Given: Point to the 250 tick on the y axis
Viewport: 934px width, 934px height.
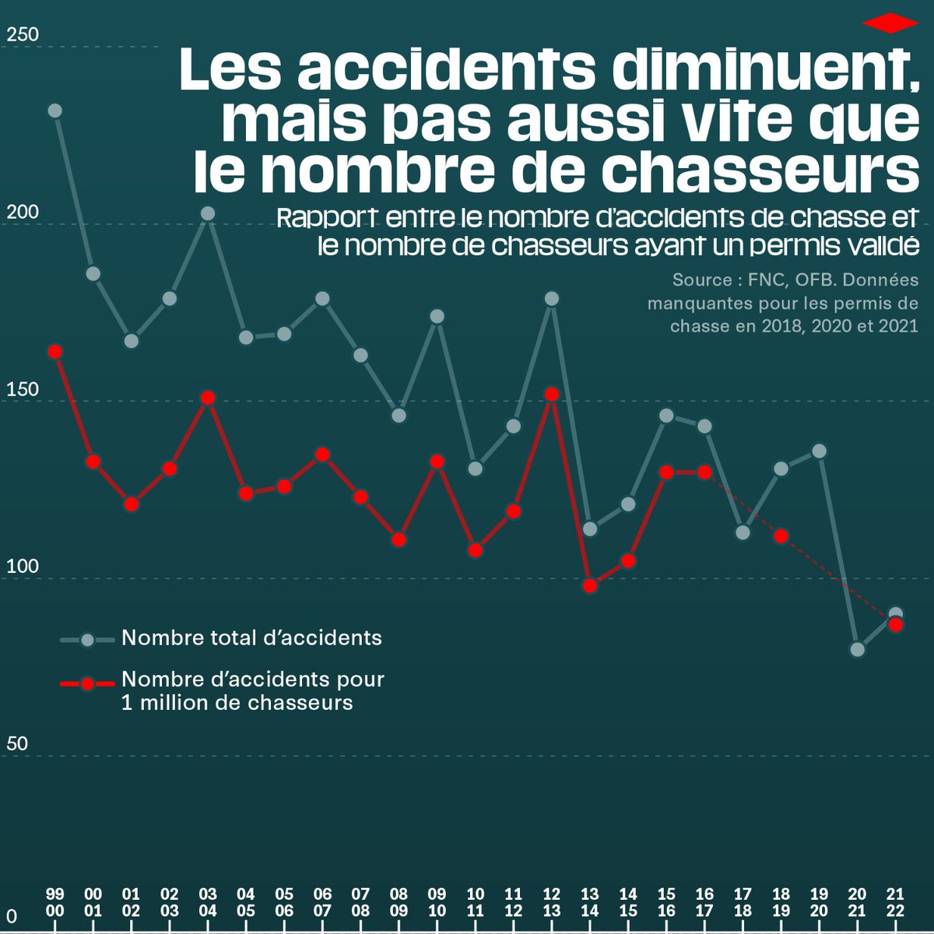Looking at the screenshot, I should (22, 36).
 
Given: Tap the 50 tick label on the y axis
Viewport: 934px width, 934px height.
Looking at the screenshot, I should (17, 744).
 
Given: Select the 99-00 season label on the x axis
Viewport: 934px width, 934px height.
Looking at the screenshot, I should (54, 902).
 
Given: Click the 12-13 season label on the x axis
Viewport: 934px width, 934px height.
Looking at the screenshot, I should (552, 902).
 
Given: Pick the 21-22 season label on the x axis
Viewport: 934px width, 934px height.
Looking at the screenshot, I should (896, 902).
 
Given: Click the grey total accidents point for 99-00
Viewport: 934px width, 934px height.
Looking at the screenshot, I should (54, 111).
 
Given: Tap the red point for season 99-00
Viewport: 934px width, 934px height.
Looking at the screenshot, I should (54, 352).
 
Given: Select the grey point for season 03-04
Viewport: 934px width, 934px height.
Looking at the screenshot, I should (208, 213).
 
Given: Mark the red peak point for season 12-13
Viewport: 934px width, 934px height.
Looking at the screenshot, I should (552, 395).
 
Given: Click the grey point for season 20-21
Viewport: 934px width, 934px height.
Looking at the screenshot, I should (858, 649).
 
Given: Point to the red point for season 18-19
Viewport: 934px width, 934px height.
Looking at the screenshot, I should (781, 535).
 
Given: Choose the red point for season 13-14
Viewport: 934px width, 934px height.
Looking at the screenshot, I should (590, 585).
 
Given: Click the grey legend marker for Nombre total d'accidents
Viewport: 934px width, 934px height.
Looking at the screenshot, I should (87, 640).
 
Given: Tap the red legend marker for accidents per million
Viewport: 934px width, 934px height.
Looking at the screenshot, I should (87, 683).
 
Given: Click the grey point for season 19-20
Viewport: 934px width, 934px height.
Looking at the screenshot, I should (820, 451).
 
